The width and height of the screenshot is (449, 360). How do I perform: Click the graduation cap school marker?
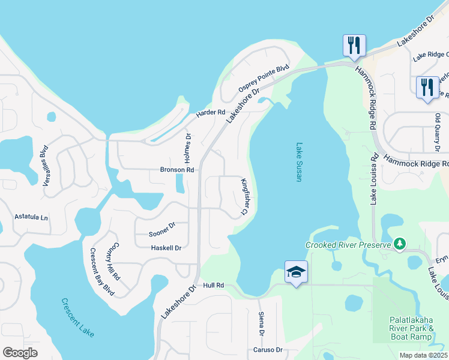297,272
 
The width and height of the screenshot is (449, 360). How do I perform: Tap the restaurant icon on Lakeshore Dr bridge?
353,45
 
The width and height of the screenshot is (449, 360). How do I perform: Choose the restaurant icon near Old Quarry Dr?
427,87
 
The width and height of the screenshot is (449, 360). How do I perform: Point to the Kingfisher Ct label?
244,196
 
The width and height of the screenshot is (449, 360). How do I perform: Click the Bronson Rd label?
177,170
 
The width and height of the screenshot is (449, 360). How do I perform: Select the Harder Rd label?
210,112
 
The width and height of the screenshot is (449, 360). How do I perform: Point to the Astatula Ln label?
31,217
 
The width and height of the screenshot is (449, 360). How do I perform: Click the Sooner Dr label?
161,225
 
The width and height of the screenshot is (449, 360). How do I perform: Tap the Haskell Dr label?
166,247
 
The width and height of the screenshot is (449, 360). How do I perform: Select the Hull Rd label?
213,286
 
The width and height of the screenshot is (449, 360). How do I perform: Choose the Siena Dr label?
262,324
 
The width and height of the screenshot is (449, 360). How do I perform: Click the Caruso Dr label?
267,350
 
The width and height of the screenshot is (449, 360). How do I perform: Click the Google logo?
20,353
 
